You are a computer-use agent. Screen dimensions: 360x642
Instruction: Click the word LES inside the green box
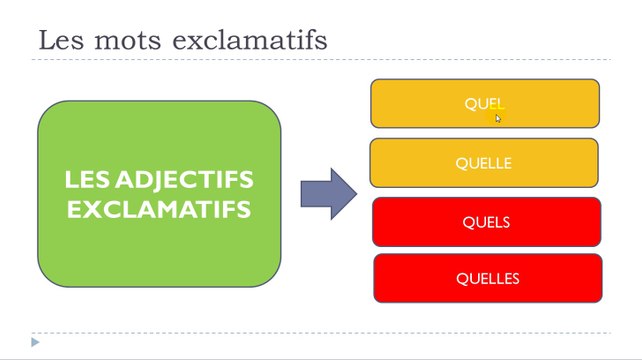tap(87, 180)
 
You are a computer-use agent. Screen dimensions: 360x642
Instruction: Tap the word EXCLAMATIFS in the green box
tap(159, 210)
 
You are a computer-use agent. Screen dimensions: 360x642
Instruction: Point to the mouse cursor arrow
tap(498, 117)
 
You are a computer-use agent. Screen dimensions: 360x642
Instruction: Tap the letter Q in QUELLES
tap(461, 279)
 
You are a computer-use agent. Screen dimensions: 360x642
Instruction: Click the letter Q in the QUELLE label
tap(461, 163)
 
